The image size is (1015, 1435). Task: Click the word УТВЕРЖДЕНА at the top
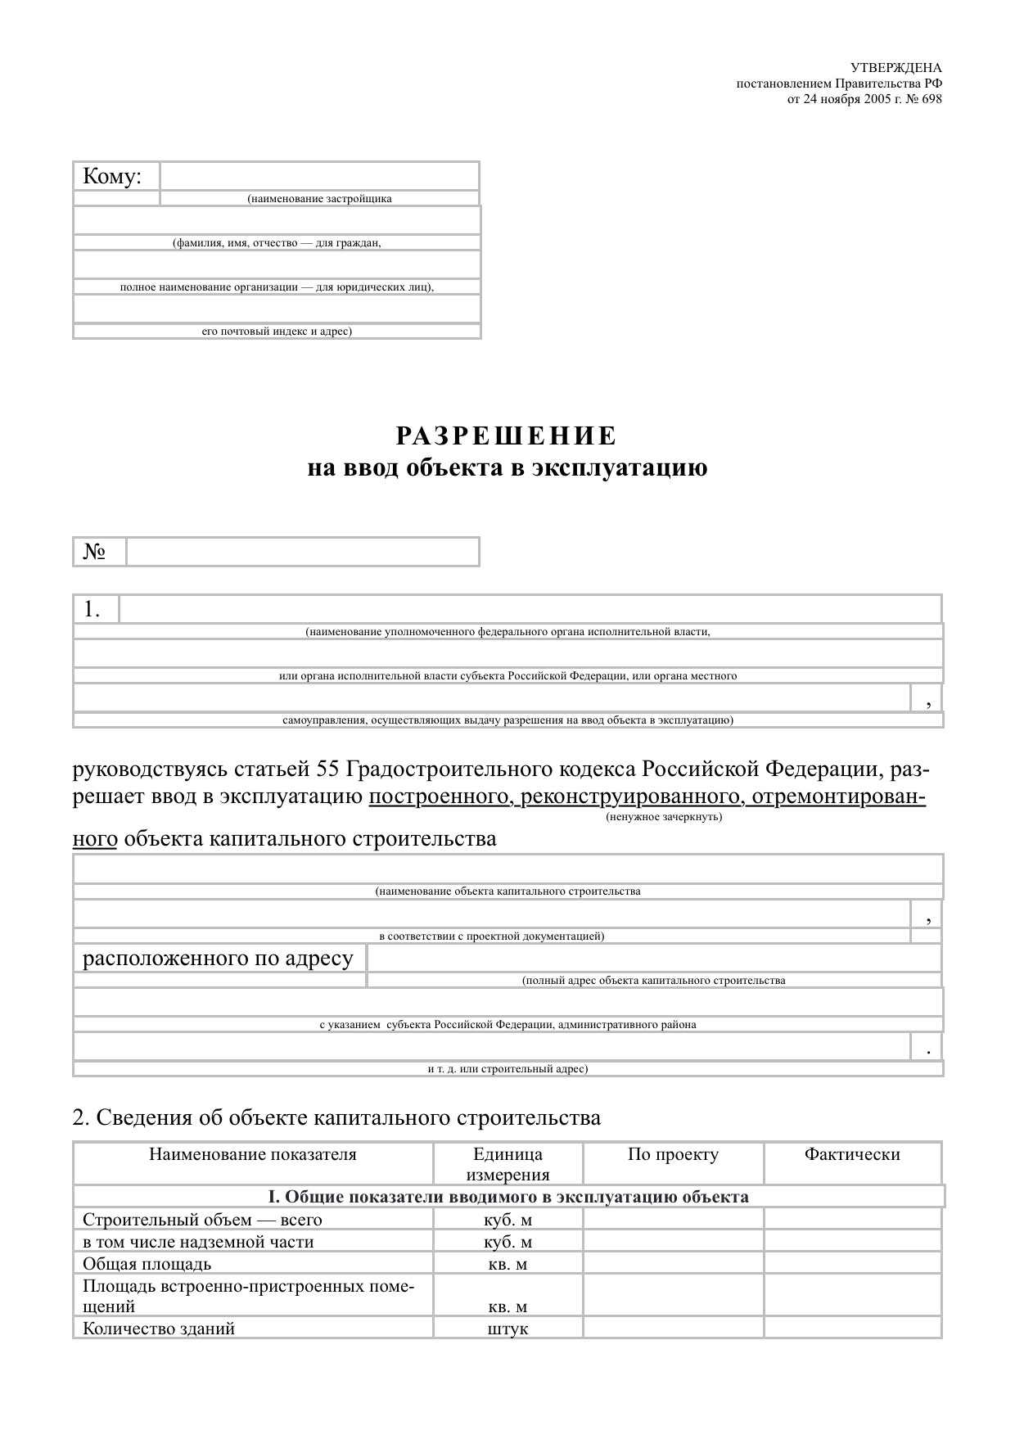click(x=896, y=68)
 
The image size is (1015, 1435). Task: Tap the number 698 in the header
click(x=932, y=99)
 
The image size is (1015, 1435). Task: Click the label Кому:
click(x=112, y=176)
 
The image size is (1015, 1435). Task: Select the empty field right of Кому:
click(x=319, y=176)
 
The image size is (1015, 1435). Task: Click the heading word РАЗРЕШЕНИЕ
click(x=507, y=435)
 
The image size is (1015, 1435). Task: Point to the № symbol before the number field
click(x=94, y=552)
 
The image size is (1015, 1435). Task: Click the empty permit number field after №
click(x=302, y=552)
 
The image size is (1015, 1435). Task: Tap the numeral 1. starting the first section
click(x=92, y=609)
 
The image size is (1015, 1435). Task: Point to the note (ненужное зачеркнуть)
click(x=664, y=817)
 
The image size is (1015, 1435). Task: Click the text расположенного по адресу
click(x=218, y=958)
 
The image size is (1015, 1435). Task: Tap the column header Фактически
click(x=852, y=1154)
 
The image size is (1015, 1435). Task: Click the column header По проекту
click(x=673, y=1154)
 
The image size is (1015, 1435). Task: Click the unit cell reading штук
click(x=508, y=1329)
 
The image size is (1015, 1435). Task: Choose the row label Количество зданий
click(x=159, y=1329)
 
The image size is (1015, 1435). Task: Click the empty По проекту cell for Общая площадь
click(x=673, y=1264)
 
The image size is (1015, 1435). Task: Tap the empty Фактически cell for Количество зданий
click(x=852, y=1329)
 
